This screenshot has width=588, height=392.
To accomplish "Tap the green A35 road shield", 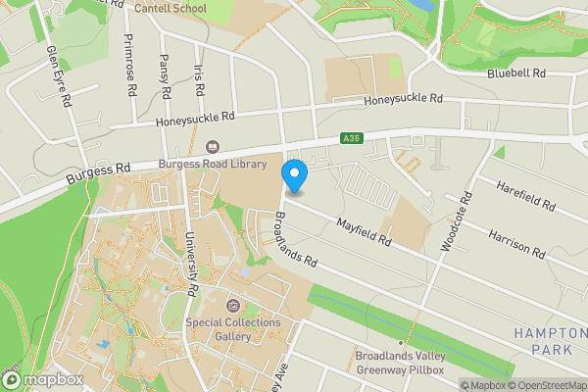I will (352, 140).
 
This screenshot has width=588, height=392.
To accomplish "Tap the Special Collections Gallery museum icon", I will (233, 306).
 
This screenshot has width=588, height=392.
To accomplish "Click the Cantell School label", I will (171, 9).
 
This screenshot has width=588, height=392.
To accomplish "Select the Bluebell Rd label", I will (515, 73).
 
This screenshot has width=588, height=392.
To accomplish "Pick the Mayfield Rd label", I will (364, 232).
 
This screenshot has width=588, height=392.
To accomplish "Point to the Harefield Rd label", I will (526, 196).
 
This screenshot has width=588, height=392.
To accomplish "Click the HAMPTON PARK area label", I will (550, 341).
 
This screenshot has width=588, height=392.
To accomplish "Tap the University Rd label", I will (193, 265).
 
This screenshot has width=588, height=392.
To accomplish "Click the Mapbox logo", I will (44, 379).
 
